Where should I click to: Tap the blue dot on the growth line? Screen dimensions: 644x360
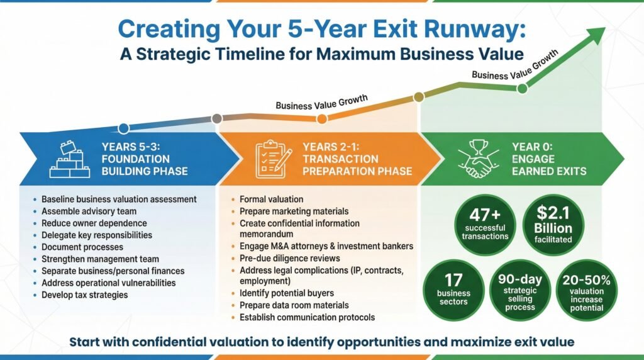[x=124, y=128]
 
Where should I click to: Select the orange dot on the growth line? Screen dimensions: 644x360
[x=322, y=119]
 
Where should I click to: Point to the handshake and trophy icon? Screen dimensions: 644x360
[x=478, y=159]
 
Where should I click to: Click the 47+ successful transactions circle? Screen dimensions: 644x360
[x=485, y=225]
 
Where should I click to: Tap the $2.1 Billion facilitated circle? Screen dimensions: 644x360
[x=553, y=225]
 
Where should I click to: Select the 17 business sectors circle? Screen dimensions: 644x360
[x=454, y=290]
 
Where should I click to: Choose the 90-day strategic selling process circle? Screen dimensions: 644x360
[x=520, y=290]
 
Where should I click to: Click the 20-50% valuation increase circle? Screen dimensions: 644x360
[x=587, y=290]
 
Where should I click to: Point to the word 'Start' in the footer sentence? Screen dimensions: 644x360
[x=84, y=342]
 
